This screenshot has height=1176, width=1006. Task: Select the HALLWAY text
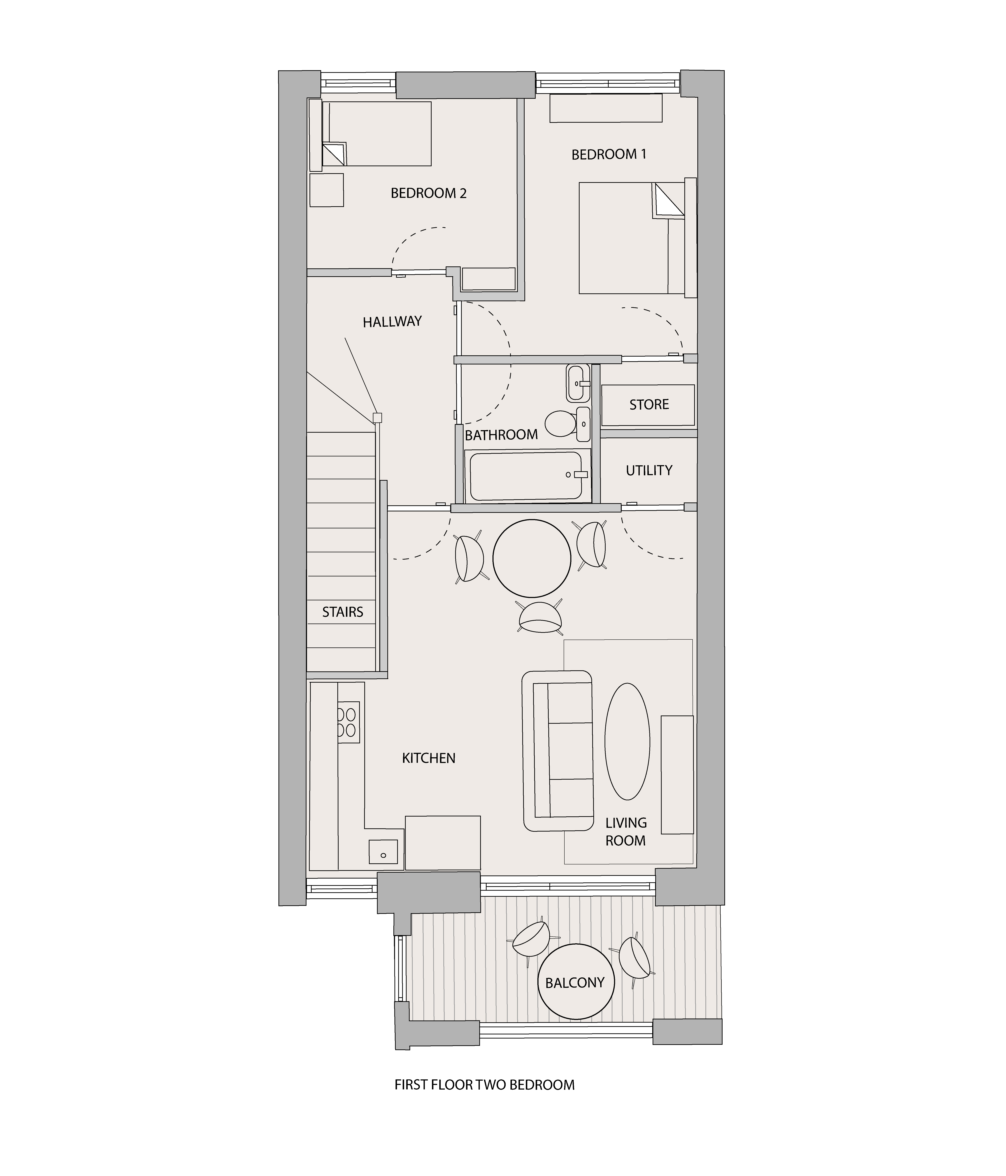(x=392, y=322)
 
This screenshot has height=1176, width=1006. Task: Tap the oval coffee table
(x=627, y=741)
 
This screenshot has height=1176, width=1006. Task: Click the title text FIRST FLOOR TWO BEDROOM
(x=485, y=1085)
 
